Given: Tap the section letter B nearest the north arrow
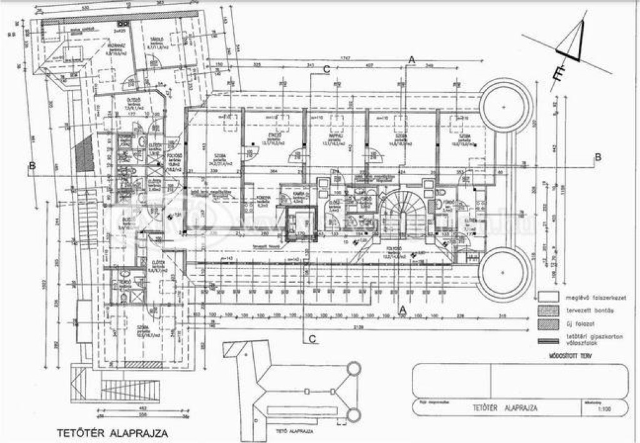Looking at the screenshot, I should pyautogui.click(x=597, y=157).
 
